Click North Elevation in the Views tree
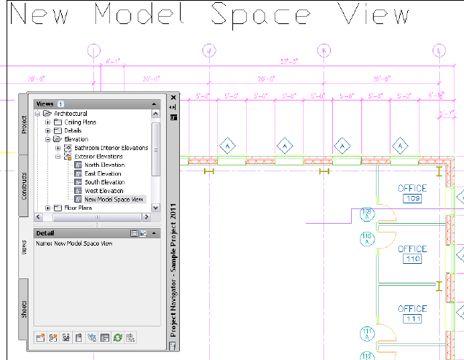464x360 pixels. (104, 165)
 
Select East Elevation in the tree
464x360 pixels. (103, 173)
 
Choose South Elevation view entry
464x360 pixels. (103, 182)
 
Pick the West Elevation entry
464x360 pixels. (103, 191)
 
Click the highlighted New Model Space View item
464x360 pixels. (114, 200)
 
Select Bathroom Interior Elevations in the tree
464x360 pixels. (111, 148)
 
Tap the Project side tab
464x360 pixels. (23, 125)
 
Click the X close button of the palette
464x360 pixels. (173, 97)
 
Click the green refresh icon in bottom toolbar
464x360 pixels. (117, 337)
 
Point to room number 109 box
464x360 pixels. (412, 198)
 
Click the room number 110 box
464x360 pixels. (412, 259)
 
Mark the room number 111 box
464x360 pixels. (412, 319)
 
